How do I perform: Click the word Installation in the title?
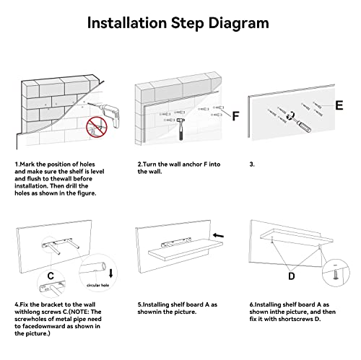point(127,23)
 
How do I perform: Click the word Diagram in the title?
point(238,24)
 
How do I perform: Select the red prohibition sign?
point(97,127)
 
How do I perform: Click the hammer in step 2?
point(180,128)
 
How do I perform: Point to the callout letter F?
point(235,116)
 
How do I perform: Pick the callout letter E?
point(339,105)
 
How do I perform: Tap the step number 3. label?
point(252,164)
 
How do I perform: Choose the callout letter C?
point(51,276)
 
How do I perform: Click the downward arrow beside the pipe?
point(110,273)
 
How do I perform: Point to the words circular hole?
point(97,285)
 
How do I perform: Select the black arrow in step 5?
point(218,235)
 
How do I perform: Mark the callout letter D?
point(292,276)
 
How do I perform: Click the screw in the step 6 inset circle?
point(335,275)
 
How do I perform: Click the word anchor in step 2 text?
point(193,164)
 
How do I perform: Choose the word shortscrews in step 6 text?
point(295,319)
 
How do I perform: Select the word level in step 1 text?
point(97,172)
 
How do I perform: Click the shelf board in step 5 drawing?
point(186,250)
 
